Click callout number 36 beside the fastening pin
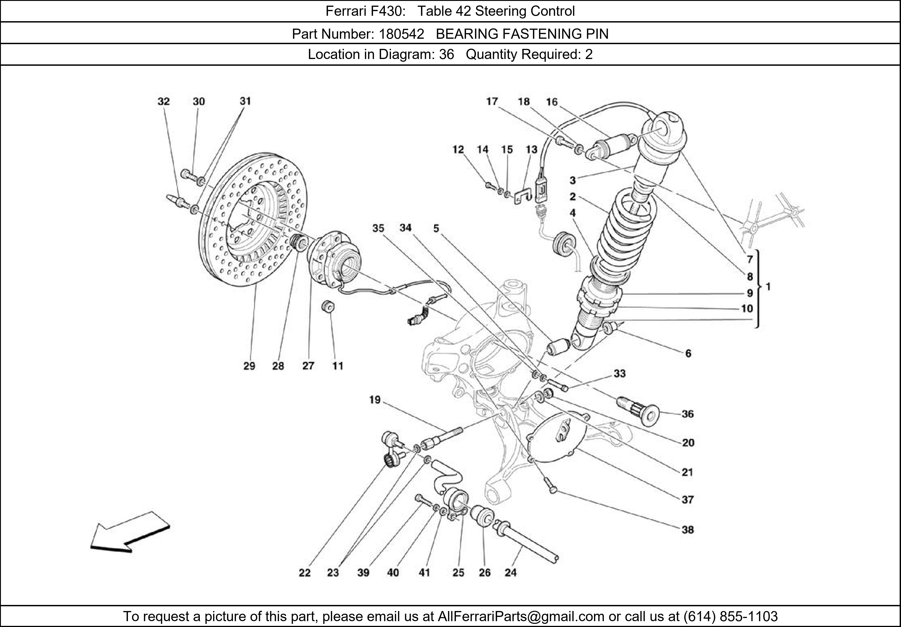pos(687,414)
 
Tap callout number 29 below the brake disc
pos(249,366)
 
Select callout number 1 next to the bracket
pos(768,287)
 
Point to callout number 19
pos(375,400)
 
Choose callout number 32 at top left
pos(164,102)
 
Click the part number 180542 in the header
pos(401,34)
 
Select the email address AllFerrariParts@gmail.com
pos(521,616)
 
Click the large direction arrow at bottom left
pos(130,534)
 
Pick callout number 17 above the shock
pos(492,102)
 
